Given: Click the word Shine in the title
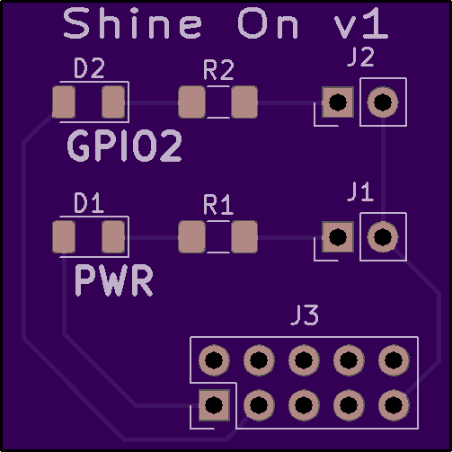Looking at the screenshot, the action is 132,23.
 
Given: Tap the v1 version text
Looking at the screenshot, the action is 361,23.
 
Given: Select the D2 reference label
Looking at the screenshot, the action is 89,68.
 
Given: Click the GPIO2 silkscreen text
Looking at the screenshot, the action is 124,146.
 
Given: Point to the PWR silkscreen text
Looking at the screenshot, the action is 113,280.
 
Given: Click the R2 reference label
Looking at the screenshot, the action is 218,70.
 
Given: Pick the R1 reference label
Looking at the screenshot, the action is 218,205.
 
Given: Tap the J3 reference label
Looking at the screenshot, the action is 305,315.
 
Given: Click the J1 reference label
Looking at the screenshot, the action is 360,191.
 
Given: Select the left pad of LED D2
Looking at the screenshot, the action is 64,102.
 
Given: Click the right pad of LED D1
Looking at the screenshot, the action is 113,237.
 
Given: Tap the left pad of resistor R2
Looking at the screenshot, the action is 192,102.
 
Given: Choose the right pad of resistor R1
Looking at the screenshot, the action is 244,237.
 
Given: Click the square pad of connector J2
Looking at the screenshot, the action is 338,102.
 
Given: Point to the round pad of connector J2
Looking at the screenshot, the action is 383,102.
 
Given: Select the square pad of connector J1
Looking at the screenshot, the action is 338,237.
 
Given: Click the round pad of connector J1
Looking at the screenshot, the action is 383,237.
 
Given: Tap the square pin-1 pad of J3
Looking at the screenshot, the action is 214,405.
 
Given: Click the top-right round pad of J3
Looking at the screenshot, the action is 394,359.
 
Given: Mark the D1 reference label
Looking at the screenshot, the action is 89,203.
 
